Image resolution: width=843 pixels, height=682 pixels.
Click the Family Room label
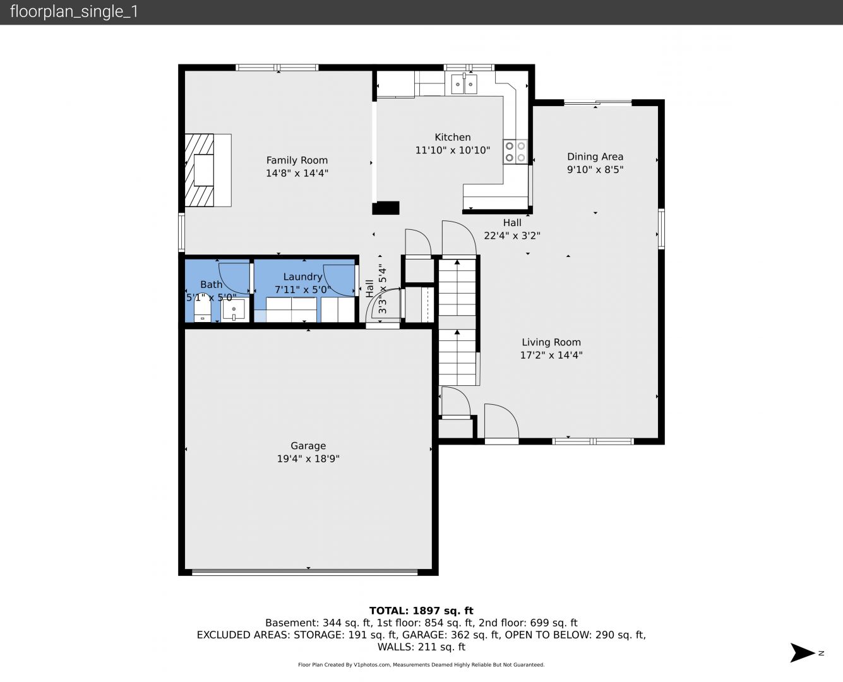[x=297, y=160]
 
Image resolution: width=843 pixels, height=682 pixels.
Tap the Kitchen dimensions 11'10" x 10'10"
[x=452, y=150]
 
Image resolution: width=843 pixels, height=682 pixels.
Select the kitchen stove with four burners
[x=515, y=152]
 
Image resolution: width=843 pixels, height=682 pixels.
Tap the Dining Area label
[x=595, y=157]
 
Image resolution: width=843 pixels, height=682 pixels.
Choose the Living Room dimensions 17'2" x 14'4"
[x=551, y=355]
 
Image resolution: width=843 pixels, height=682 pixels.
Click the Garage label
[x=308, y=446]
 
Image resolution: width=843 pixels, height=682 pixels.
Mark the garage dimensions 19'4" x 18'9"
[x=308, y=458]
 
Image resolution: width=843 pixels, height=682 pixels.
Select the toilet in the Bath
[x=202, y=308]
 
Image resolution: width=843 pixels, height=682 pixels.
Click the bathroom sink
[x=234, y=310]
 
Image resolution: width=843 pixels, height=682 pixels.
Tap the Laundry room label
[x=302, y=277]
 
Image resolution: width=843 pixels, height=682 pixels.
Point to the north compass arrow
[x=802, y=653]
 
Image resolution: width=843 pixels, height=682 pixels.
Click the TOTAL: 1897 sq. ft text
[x=421, y=611]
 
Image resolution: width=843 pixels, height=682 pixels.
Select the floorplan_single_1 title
[x=74, y=12]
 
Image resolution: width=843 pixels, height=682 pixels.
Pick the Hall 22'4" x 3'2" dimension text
[x=511, y=236]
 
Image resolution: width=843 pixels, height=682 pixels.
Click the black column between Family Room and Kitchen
[x=385, y=208]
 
